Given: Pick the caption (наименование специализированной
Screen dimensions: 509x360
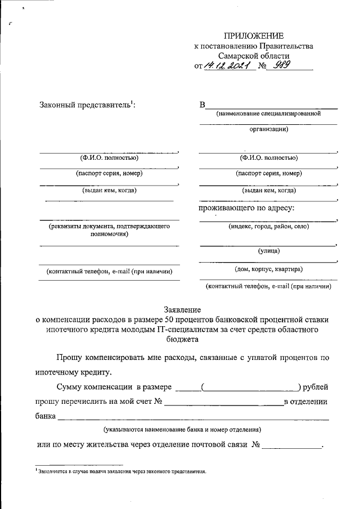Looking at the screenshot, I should click(x=268, y=114).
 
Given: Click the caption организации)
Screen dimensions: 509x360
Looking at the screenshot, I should click(x=268, y=129).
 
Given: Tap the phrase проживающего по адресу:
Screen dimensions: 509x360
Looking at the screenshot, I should click(x=247, y=209).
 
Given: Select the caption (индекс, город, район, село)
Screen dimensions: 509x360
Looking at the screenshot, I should click(x=268, y=226).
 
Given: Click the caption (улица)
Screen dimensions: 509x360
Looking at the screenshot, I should click(x=268, y=251).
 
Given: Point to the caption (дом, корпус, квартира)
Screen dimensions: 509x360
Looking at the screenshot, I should click(x=268, y=269).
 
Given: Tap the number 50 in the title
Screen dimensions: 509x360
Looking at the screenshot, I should click(x=171, y=319).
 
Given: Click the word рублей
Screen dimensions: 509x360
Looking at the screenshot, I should click(x=317, y=387).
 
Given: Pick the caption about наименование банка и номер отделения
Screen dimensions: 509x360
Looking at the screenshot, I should click(x=182, y=429).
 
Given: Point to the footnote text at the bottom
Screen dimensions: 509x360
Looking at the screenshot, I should click(x=120, y=472).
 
